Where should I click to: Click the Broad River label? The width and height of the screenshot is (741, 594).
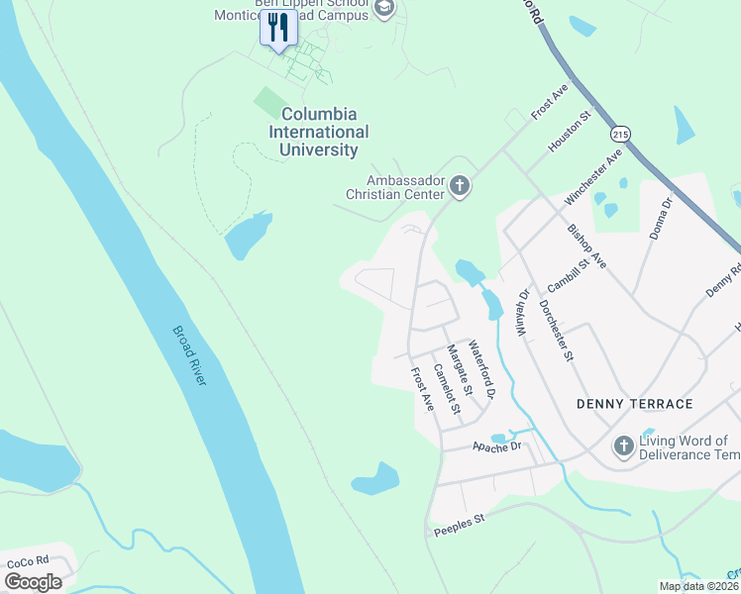coord(189,355)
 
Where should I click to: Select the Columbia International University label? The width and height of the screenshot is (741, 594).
coord(319,133)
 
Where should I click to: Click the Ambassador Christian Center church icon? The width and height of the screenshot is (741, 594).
coord(459,185)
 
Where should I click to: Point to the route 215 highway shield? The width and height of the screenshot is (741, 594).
coord(621,134)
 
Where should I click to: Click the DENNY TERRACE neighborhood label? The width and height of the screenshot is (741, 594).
coord(635,404)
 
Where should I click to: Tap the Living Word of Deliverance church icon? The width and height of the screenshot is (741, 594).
coord(623,446)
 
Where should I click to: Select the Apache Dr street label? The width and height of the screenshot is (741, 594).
coord(495,447)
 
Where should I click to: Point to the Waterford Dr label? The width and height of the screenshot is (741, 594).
coord(480,369)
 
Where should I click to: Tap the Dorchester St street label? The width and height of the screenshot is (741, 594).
coord(558,331)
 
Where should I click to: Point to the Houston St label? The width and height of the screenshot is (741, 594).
coord(570,131)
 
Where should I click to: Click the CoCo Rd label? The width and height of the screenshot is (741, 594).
coord(27,562)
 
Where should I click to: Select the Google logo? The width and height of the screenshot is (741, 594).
coord(33,582)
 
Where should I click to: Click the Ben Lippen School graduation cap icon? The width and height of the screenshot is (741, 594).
coord(385,10)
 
